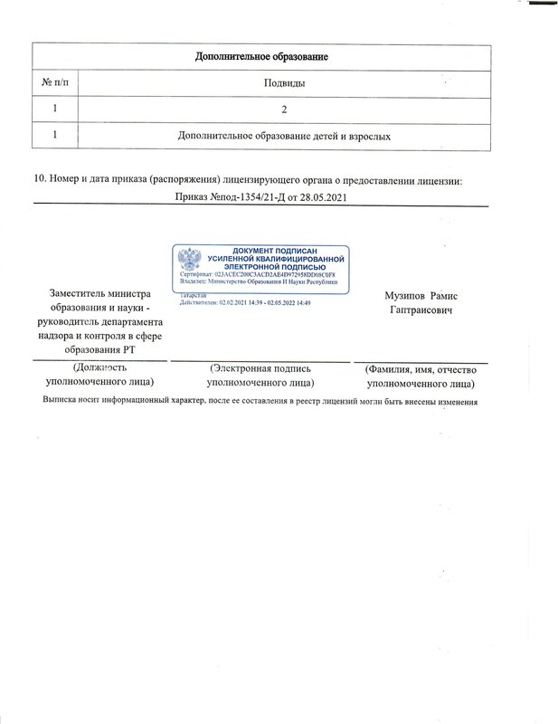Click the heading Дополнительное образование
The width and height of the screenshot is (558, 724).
pyautogui.click(x=261, y=58)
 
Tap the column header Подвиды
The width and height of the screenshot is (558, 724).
pyautogui.click(x=283, y=83)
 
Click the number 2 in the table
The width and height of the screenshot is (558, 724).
pyautogui.click(x=284, y=110)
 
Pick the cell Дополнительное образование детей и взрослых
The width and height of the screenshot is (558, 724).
pyautogui.click(x=284, y=136)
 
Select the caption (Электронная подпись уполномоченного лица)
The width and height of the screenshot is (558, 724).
pyautogui.click(x=260, y=376)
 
